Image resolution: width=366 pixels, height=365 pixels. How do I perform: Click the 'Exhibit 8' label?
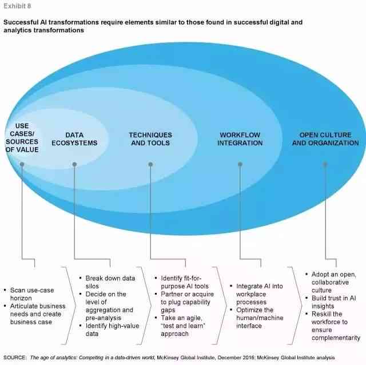click(17, 6)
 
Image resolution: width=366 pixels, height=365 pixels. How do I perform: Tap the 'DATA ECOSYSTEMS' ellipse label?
click(74, 139)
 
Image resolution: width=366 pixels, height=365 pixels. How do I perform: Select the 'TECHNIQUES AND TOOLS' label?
click(150, 139)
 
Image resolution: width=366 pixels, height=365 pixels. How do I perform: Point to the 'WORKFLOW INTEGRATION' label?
click(240, 139)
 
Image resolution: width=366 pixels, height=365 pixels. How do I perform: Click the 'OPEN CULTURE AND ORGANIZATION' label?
click(325, 139)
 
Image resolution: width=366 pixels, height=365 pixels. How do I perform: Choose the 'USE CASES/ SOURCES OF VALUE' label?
click(22, 138)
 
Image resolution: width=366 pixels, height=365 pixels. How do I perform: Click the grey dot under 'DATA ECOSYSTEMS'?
click(74, 164)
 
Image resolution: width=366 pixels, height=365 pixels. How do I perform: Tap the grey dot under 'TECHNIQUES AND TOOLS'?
click(150, 164)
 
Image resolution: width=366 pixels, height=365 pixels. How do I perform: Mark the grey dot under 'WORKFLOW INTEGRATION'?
click(240, 164)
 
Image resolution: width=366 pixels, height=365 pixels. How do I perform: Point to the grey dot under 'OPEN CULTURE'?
click(325, 164)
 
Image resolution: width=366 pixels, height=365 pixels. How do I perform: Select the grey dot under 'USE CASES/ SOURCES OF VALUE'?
click(22, 164)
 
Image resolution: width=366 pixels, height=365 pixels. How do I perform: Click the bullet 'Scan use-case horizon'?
click(29, 294)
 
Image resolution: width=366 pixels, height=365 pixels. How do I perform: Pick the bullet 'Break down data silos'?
click(108, 282)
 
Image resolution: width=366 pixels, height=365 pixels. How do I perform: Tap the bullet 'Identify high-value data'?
click(109, 330)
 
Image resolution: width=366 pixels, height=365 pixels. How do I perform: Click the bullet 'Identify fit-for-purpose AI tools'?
click(182, 282)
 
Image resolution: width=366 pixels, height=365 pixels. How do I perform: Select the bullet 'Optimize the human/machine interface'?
click(257, 318)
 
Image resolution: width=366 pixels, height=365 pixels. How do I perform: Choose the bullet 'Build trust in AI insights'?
click(331, 302)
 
